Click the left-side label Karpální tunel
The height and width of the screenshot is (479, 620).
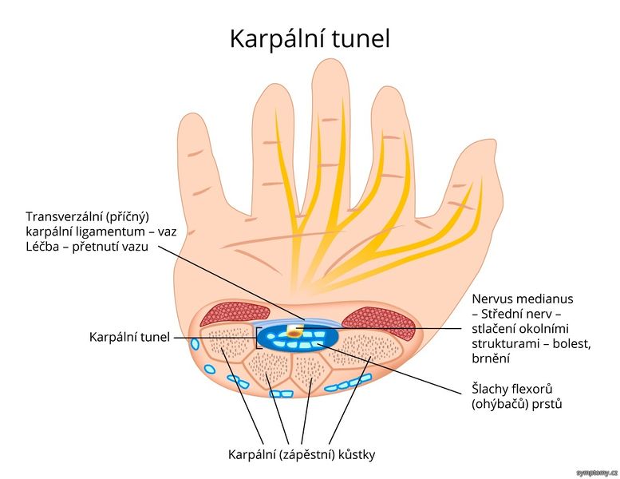point(129,337)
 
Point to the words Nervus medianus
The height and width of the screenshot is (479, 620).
point(522,299)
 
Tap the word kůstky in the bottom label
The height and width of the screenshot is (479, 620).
point(355,455)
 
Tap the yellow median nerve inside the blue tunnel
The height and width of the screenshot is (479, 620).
point(296,329)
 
